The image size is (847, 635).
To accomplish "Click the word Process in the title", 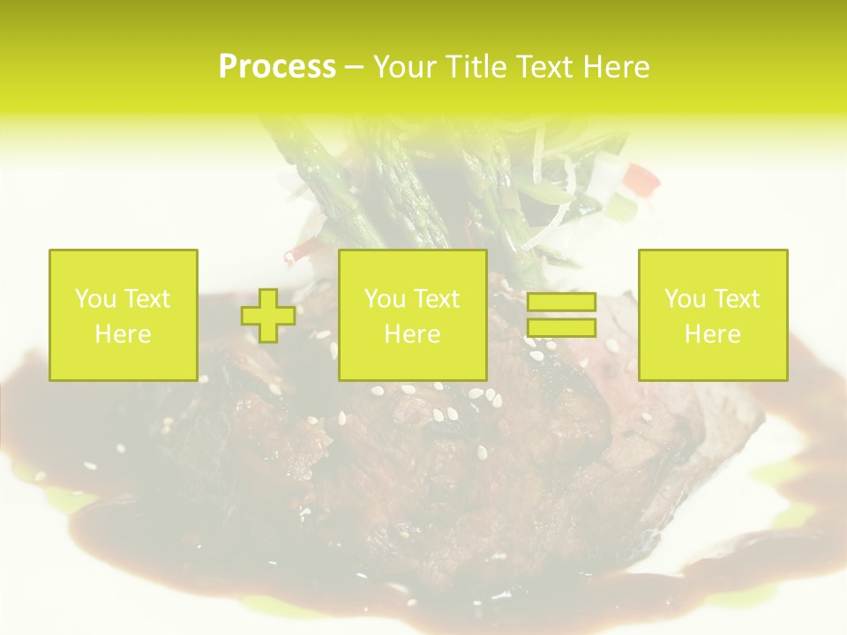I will pos(277,67).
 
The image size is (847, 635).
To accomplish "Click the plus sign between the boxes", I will pos(268,316).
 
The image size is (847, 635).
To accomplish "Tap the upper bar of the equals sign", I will pos(561,303).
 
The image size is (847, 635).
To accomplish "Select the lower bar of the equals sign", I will pos(561,328).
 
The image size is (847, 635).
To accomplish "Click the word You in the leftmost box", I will pos(95,299).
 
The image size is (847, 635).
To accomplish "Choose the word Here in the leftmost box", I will pos(123,334).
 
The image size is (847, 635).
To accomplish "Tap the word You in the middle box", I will pos(385,299).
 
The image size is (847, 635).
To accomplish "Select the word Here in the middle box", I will pos(412,334).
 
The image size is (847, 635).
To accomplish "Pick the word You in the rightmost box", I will pos(685,299).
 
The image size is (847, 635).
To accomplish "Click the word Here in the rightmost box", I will pos(712,334).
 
